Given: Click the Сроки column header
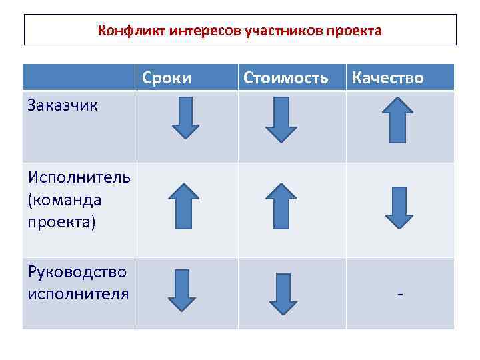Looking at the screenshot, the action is tap(167, 78).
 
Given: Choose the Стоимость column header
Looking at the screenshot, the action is tap(286, 78).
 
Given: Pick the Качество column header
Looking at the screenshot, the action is tap(387, 78).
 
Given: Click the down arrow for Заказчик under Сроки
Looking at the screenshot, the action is tap(185, 118).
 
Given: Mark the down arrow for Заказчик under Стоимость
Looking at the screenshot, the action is tap(281, 120).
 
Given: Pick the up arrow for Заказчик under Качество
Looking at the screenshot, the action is tap(398, 120).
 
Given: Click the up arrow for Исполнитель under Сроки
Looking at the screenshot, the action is tap(183, 207).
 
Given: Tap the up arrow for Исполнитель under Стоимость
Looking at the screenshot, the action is tap(280, 207).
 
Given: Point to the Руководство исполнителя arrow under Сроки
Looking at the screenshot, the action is tap(181, 291).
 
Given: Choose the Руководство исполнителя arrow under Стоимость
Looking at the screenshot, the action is tap(283, 293).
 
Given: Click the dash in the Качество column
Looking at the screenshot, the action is tap(399, 294).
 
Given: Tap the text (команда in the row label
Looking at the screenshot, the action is tap(65, 200).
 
